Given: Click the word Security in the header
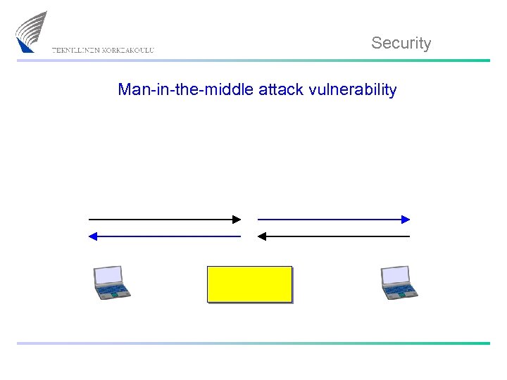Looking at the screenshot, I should coord(401,43).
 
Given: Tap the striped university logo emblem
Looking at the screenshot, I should coord(32,32).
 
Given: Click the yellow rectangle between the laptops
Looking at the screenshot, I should coord(249,284).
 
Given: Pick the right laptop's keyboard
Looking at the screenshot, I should coord(400,290).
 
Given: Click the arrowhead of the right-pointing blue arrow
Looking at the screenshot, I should coord(406,220).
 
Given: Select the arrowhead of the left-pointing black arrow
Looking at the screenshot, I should coord(261,236).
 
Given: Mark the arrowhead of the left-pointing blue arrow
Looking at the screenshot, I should coord(92,236).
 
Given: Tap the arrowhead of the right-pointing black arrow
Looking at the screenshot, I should coord(237,220).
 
